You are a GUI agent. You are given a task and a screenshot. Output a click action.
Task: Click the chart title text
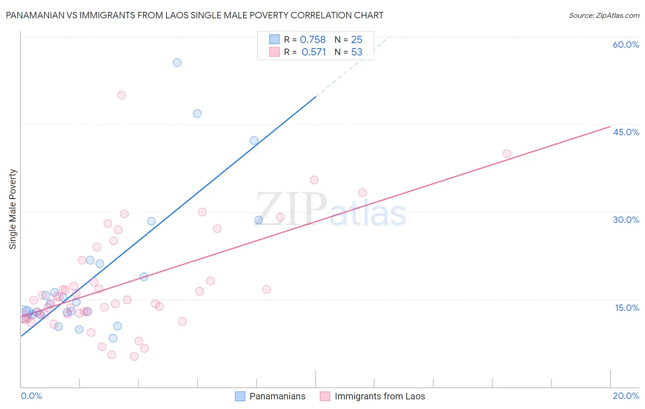tap(195, 15)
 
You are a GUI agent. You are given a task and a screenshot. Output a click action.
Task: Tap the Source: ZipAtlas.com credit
tap(604, 15)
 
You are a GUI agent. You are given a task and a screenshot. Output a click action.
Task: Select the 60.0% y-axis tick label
tap(626, 44)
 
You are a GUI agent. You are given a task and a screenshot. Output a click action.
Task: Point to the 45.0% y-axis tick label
tap(626, 132)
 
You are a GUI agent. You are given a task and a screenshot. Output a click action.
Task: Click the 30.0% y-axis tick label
tap(626, 220)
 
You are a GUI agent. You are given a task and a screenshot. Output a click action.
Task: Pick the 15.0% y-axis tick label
tap(627, 308)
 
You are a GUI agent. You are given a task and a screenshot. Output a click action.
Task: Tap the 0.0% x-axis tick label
tap(31, 396)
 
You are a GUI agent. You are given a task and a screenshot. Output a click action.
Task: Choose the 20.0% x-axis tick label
tap(626, 396)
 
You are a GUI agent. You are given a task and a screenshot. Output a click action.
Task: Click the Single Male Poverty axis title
tap(13, 209)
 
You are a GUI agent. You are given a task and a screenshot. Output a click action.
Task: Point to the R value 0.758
tap(312, 40)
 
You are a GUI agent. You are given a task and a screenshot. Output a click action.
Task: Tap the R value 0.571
tap(313, 52)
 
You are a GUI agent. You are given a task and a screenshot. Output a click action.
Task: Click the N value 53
tap(356, 52)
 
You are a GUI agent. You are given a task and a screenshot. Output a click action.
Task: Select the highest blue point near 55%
tap(177, 62)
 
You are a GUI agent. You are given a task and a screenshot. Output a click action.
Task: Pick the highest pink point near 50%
tap(122, 95)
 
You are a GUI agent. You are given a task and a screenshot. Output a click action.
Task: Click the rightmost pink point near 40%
tap(507, 154)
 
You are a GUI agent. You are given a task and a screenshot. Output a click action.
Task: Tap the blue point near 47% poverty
tap(197, 113)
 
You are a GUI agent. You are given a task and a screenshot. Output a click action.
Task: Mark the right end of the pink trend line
tap(610, 126)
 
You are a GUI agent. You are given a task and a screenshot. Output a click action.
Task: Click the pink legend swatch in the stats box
tap(274, 52)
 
